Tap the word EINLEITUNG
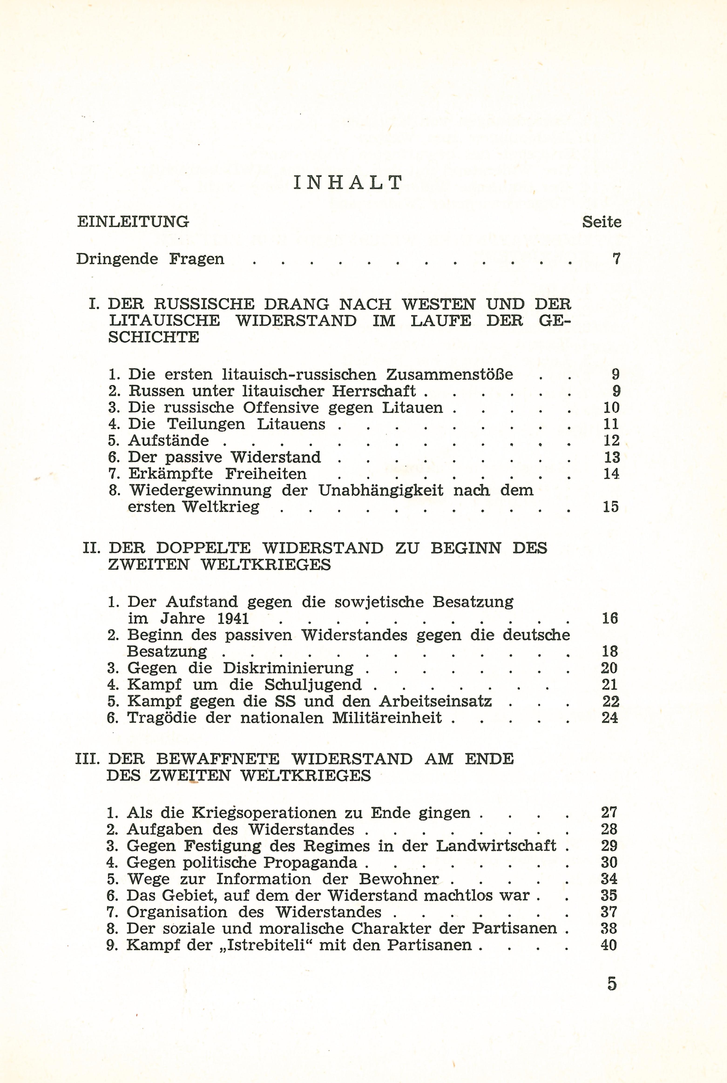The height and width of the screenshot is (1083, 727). (133, 222)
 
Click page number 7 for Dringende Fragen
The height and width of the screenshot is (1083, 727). (616, 259)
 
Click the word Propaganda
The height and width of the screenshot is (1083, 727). (311, 863)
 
